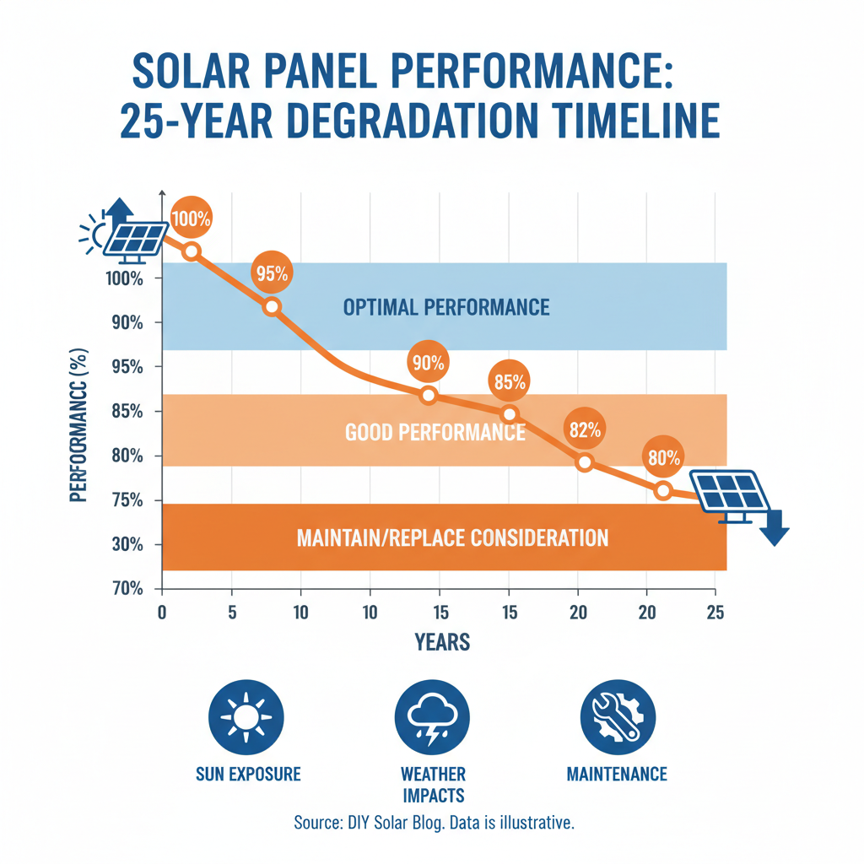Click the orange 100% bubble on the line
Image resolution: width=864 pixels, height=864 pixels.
[x=192, y=219]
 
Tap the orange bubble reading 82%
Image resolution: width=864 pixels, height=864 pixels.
[x=585, y=430]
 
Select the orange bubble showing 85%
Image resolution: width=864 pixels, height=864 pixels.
[x=510, y=382]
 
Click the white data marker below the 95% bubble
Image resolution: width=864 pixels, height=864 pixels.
[x=272, y=307]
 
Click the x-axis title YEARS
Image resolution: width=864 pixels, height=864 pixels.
[x=442, y=643]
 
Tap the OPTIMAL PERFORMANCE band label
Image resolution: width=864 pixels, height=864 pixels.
[x=446, y=307]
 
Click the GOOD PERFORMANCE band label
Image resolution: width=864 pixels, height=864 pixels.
[x=435, y=433]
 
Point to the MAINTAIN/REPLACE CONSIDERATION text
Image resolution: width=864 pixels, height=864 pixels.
[x=452, y=537]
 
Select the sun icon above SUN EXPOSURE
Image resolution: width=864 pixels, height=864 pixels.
[x=246, y=717]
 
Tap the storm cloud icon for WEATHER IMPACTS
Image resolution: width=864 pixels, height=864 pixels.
[x=432, y=717]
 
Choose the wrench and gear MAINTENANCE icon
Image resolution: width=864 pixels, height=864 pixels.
[x=618, y=717]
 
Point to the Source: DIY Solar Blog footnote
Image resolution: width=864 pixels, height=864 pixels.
[x=434, y=823]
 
